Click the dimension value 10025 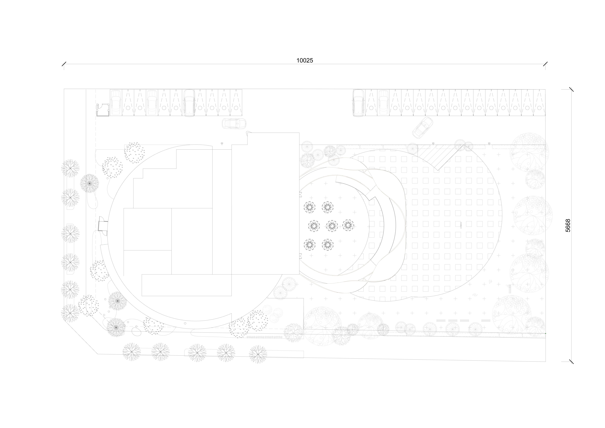click(x=305, y=60)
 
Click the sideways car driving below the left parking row click(x=234, y=123)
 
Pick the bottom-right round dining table click(x=328, y=244)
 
